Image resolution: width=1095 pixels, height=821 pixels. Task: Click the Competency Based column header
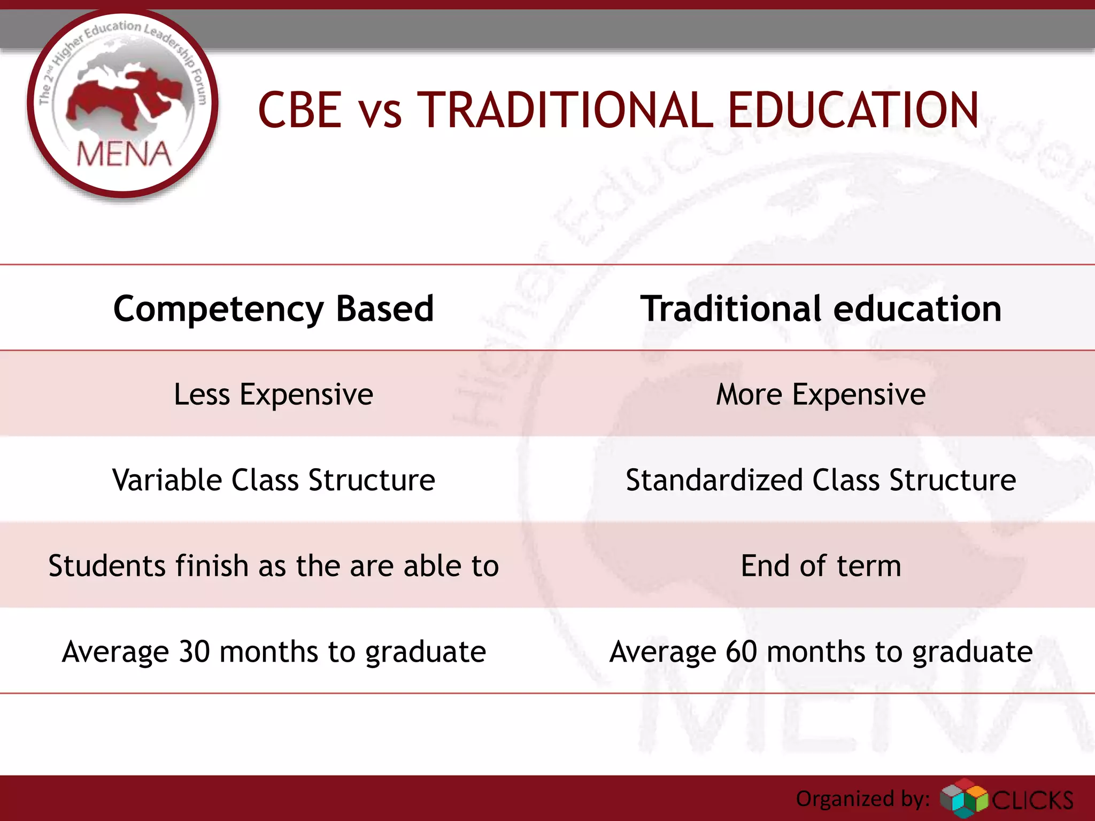(x=273, y=309)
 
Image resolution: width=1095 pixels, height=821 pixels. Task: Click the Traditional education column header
(x=821, y=309)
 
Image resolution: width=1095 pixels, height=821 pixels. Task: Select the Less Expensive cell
(x=273, y=394)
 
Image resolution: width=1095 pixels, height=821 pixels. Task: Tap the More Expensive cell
(x=821, y=394)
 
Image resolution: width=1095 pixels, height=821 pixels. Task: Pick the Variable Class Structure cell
(x=273, y=480)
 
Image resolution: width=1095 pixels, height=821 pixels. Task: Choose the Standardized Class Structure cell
(x=821, y=480)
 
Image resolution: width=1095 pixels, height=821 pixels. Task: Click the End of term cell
(x=821, y=566)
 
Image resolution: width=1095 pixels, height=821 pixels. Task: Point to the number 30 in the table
(x=194, y=652)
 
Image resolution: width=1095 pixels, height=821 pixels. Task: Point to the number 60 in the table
(x=742, y=652)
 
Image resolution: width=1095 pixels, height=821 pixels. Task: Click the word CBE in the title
(x=300, y=110)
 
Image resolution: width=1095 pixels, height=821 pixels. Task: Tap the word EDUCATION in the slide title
(x=853, y=110)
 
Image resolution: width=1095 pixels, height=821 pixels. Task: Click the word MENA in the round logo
(x=124, y=154)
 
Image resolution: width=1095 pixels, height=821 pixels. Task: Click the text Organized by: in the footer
(x=862, y=799)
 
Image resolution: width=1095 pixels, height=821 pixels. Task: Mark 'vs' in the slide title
(x=380, y=114)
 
